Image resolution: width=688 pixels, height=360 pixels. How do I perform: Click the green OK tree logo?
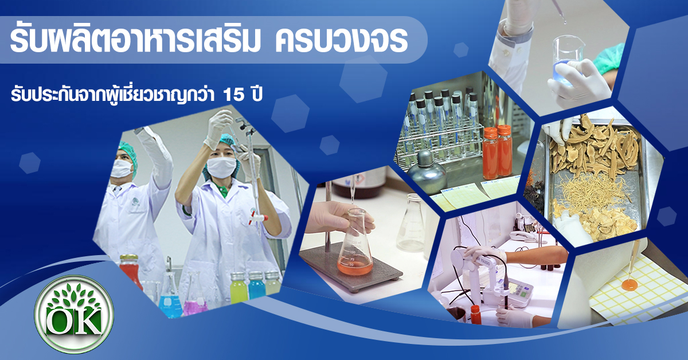(74, 314)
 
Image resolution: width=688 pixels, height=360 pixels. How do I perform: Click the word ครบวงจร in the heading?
(341, 41)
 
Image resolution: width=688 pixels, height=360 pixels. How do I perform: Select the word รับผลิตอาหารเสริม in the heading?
(135, 40)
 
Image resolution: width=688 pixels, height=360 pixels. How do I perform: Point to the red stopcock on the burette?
(257, 216)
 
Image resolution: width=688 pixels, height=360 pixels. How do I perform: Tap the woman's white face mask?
(221, 167)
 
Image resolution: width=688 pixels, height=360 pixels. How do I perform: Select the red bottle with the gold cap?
(131, 272)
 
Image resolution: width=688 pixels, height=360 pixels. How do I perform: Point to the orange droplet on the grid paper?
(630, 285)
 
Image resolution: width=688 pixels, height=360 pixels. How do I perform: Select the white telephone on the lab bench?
(522, 237)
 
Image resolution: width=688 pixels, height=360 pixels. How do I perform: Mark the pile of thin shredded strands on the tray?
(591, 191)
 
